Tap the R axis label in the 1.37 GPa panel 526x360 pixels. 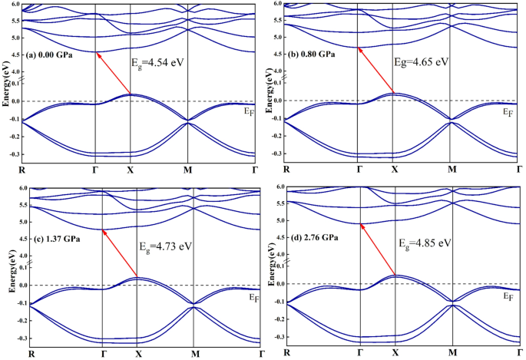click(31, 354)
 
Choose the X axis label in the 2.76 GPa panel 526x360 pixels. click(395, 352)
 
